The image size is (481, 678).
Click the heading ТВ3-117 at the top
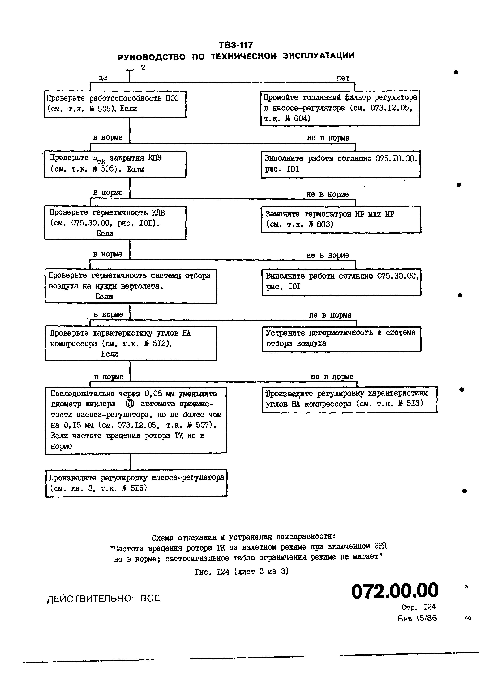point(236,45)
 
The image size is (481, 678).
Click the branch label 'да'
point(102,78)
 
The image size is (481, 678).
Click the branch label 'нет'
point(343,78)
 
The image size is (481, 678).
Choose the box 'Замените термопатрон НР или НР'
point(341,220)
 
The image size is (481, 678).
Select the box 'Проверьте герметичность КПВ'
point(115,223)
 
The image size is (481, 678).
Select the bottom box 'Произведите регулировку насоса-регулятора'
point(136,483)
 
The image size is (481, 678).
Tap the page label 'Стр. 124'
point(418,607)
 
